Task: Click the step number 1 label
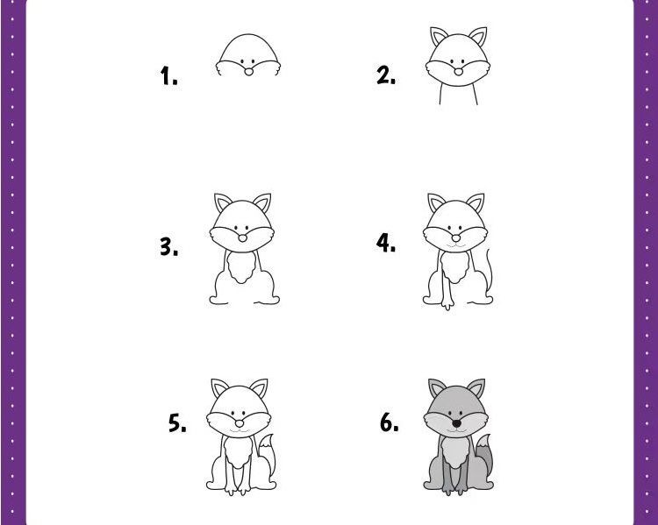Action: [168, 76]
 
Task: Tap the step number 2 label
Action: [386, 75]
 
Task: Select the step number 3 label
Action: [168, 246]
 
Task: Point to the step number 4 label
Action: [386, 243]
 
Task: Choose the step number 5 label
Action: [177, 422]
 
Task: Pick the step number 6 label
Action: [390, 422]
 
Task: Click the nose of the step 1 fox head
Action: [249, 72]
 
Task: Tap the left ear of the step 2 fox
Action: [438, 36]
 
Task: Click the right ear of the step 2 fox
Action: [479, 37]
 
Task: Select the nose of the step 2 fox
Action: [458, 72]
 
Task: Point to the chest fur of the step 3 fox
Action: [241, 266]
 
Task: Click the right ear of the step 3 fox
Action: [262, 202]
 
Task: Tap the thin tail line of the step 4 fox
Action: [490, 271]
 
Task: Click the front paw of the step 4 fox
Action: [447, 302]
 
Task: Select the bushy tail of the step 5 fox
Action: [267, 455]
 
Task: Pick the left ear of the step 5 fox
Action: [219, 388]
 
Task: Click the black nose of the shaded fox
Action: [456, 424]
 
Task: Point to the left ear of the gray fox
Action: [436, 388]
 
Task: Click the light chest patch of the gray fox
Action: [454, 452]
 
